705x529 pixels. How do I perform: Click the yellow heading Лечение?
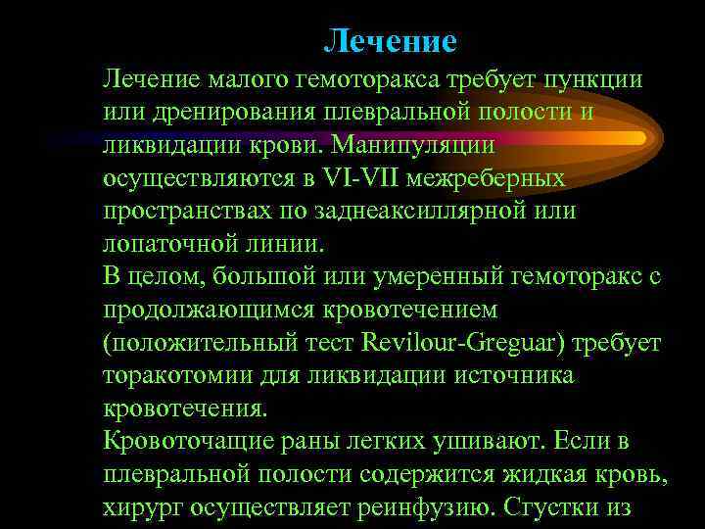(x=390, y=41)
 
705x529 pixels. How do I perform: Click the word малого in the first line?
(x=249, y=79)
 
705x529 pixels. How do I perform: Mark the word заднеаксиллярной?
(x=424, y=213)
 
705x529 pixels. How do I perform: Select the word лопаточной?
(x=170, y=245)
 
